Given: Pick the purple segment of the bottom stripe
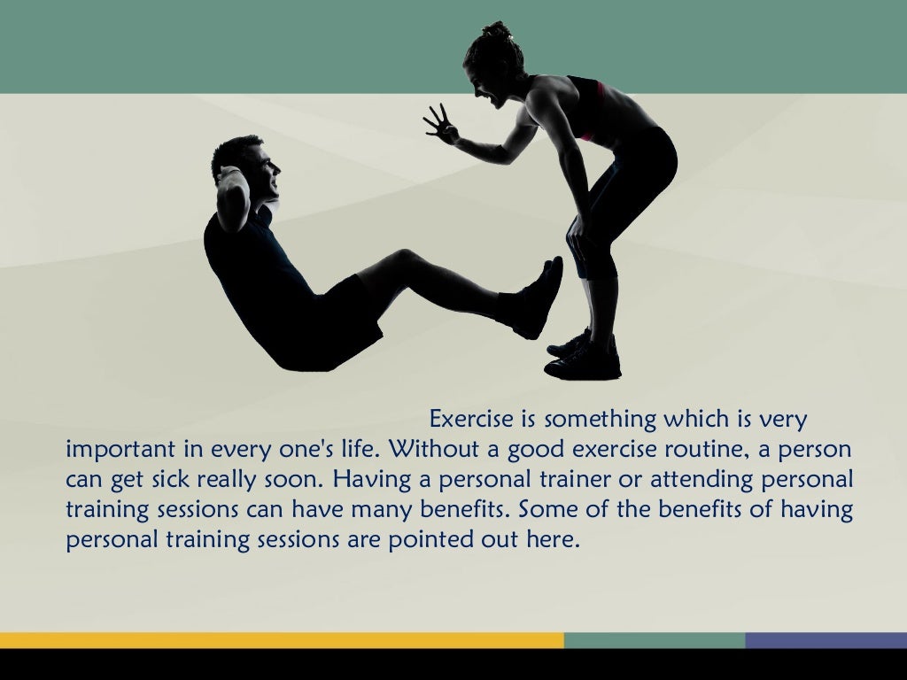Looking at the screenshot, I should pos(826,640).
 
